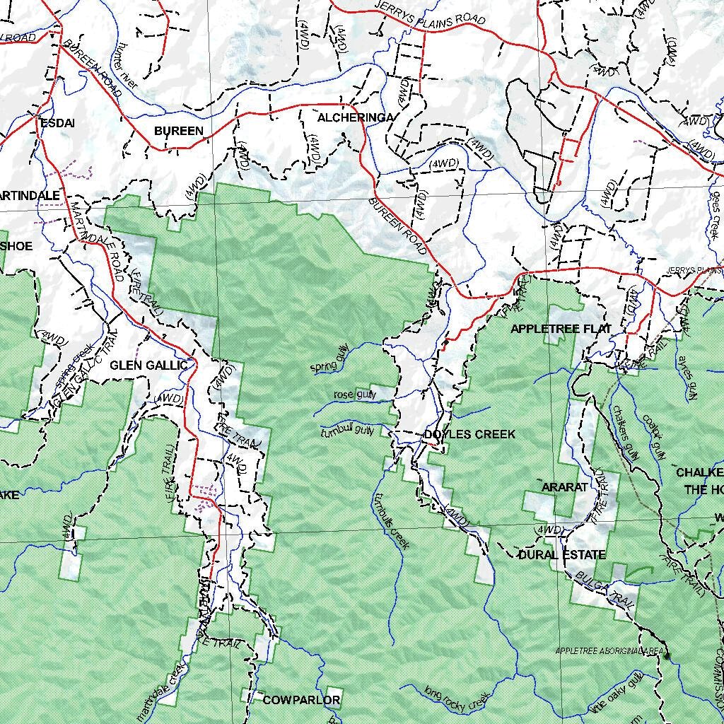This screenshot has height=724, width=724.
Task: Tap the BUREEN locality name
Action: [x=179, y=131]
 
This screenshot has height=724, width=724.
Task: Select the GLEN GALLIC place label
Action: [x=148, y=365]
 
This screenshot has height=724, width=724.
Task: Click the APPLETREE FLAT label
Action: [x=561, y=329]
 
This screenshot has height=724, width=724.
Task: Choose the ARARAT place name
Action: [x=564, y=487]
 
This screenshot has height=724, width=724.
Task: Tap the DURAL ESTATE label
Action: [x=562, y=554]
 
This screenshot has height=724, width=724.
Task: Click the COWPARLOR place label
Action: [x=301, y=700]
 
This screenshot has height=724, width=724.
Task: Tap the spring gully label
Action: [x=329, y=363]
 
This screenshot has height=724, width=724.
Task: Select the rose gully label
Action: [x=355, y=395]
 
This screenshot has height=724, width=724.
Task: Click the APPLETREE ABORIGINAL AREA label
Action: [x=608, y=650]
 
